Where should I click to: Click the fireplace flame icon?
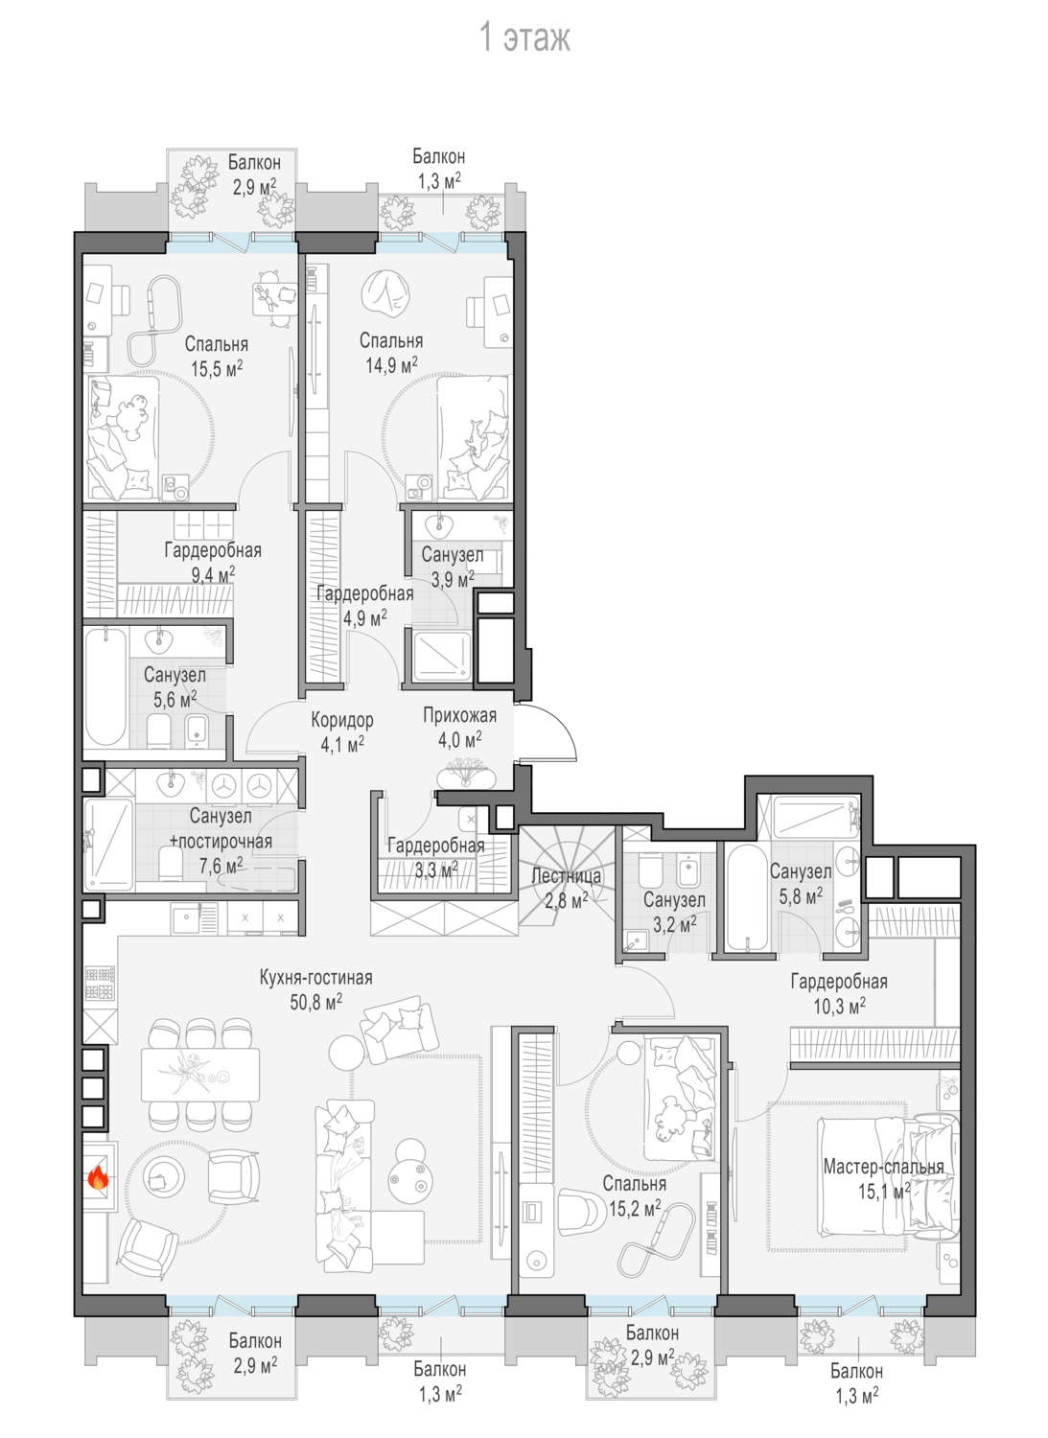(x=98, y=1177)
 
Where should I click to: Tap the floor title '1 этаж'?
(x=525, y=38)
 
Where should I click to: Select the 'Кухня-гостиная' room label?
(x=316, y=978)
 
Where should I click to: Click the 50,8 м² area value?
(x=316, y=1003)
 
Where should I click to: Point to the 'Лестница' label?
(x=567, y=875)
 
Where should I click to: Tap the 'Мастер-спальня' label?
(x=884, y=1167)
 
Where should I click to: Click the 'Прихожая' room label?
(x=460, y=715)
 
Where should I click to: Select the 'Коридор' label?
(x=342, y=720)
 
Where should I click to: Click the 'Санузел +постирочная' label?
(x=221, y=829)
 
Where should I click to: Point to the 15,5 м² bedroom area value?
(x=217, y=368)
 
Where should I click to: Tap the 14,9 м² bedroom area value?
(x=392, y=365)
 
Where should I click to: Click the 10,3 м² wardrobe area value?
(x=839, y=1006)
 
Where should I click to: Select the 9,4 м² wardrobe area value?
(x=213, y=574)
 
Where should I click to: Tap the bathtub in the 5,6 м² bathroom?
(x=105, y=687)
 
